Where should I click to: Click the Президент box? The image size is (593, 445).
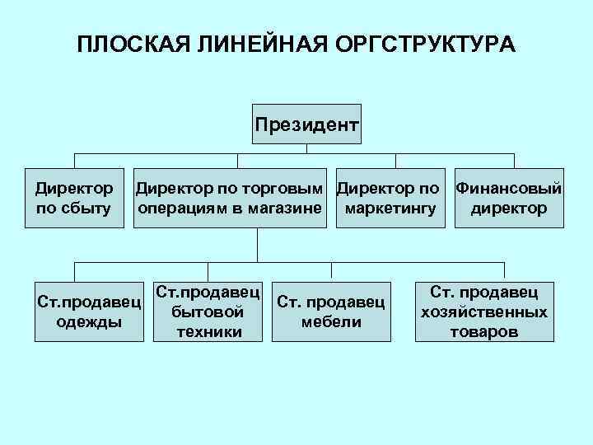[x=306, y=126]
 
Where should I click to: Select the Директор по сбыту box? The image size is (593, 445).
[x=74, y=199]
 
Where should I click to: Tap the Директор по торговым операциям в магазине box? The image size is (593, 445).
[x=230, y=199]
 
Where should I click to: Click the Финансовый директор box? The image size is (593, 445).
[x=509, y=199]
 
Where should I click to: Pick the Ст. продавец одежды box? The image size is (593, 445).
[x=90, y=311]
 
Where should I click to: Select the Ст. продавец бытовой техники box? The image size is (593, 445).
[x=209, y=311]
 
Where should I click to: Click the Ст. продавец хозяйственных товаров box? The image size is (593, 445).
[x=483, y=311]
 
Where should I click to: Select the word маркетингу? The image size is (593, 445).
[x=391, y=208]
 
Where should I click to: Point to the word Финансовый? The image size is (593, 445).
[x=509, y=189]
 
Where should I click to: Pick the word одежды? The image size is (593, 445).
[x=90, y=321]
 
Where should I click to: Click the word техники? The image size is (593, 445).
[x=209, y=332]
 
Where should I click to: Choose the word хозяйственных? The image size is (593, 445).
[x=483, y=312]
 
